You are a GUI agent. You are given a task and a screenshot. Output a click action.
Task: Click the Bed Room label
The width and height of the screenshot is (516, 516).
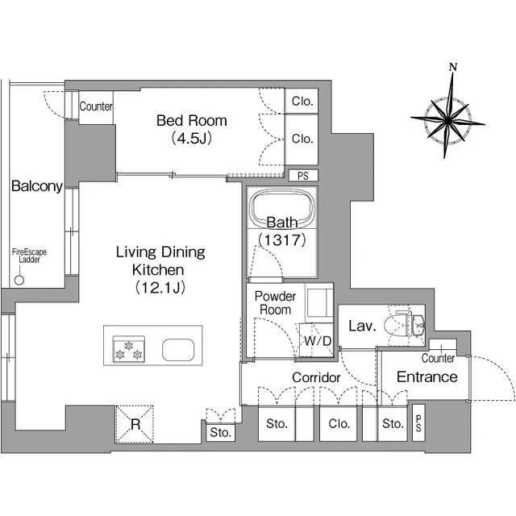[x=192, y=121]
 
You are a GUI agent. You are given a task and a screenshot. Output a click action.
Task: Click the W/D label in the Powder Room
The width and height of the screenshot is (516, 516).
[x=317, y=341]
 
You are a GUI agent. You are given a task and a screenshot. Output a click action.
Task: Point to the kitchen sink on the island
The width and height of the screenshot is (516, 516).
[x=178, y=350]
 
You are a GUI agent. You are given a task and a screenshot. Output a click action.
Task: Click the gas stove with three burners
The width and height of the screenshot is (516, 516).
[x=129, y=349]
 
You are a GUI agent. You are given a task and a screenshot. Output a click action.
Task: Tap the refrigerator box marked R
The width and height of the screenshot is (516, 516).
[x=135, y=424]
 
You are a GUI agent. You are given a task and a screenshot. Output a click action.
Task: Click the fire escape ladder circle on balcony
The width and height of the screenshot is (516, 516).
[x=19, y=280]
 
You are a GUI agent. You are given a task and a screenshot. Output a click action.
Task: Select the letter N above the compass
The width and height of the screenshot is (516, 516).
[x=453, y=67]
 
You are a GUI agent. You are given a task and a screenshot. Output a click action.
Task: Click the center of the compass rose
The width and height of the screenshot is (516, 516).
[x=447, y=120]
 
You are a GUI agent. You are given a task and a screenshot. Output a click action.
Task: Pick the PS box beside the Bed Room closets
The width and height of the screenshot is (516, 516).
[x=303, y=176]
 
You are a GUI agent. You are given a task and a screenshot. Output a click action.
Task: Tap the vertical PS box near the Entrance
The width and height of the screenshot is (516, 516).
[x=418, y=422]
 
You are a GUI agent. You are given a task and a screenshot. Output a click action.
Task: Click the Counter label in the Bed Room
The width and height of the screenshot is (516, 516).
[x=96, y=106]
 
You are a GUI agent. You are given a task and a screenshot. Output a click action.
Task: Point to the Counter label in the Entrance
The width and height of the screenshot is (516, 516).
[x=438, y=358]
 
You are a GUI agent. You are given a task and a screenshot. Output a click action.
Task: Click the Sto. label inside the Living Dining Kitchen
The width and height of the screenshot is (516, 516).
[x=220, y=432]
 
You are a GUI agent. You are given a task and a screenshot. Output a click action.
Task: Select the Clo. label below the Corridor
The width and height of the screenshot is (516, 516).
[x=339, y=423]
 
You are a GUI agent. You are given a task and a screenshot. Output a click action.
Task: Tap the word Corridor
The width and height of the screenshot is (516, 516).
[x=316, y=377]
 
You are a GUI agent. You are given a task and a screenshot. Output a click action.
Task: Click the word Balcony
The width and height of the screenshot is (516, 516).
[x=37, y=186]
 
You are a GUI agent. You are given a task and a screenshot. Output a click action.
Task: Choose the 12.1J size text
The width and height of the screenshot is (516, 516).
[x=160, y=288]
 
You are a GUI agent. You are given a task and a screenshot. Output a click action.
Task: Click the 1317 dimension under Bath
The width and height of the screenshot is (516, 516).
[x=282, y=240]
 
